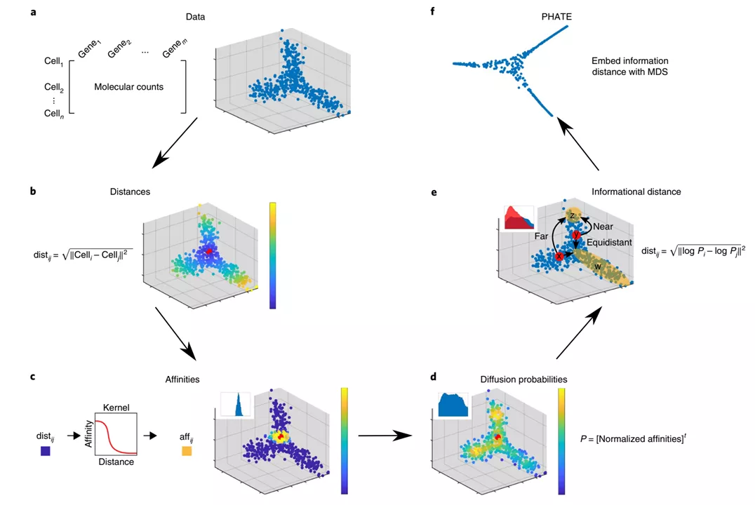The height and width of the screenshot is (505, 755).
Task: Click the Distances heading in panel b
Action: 130,191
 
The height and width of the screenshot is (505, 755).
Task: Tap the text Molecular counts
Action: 129,87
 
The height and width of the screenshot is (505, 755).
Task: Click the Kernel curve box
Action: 115,434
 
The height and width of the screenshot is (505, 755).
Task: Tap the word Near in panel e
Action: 603,227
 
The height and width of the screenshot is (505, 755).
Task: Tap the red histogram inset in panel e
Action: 518,218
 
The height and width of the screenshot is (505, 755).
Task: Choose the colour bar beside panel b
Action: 272,255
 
